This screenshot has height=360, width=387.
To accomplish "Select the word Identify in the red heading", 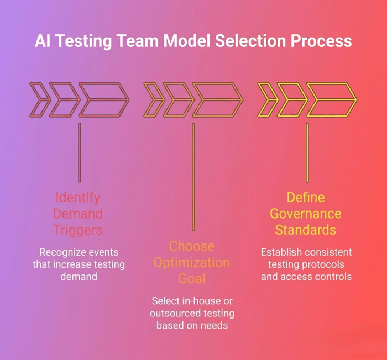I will [78, 198].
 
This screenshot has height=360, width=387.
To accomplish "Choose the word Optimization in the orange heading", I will [192, 262].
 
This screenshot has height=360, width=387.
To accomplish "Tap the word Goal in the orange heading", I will [192, 278].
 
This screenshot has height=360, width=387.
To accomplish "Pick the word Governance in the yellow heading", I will [306, 213].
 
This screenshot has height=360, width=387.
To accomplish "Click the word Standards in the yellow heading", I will [306, 229].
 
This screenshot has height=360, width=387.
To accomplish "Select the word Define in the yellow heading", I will [306, 197].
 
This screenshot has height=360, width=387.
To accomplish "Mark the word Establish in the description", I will [283, 252].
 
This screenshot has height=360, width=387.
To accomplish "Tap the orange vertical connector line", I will [193, 177].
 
